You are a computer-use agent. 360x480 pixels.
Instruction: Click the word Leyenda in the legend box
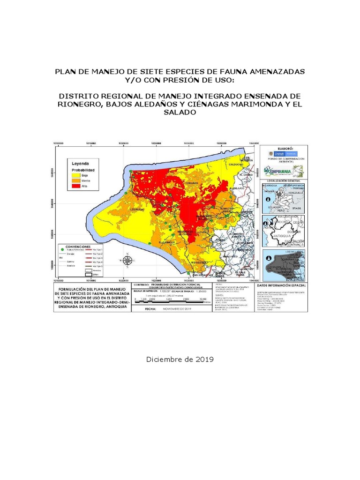point(80,164)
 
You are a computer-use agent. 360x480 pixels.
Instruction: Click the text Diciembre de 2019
point(180,360)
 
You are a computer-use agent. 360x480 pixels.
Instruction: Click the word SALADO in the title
point(180,113)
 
